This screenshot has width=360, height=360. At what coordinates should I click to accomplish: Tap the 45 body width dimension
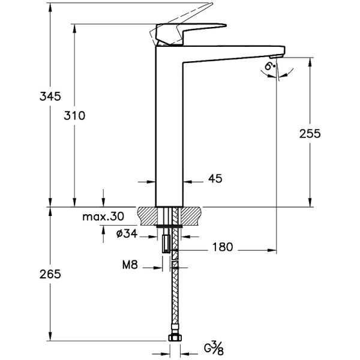(x=214, y=179)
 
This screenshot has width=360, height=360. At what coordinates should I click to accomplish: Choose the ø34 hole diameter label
(x=126, y=234)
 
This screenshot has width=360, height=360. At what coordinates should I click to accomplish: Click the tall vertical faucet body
(x=169, y=132)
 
